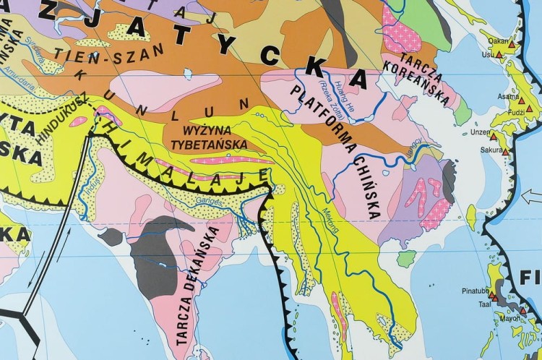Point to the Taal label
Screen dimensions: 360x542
pyautogui.click(x=476, y=306)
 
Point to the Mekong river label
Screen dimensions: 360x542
pyautogui.click(x=331, y=218)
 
